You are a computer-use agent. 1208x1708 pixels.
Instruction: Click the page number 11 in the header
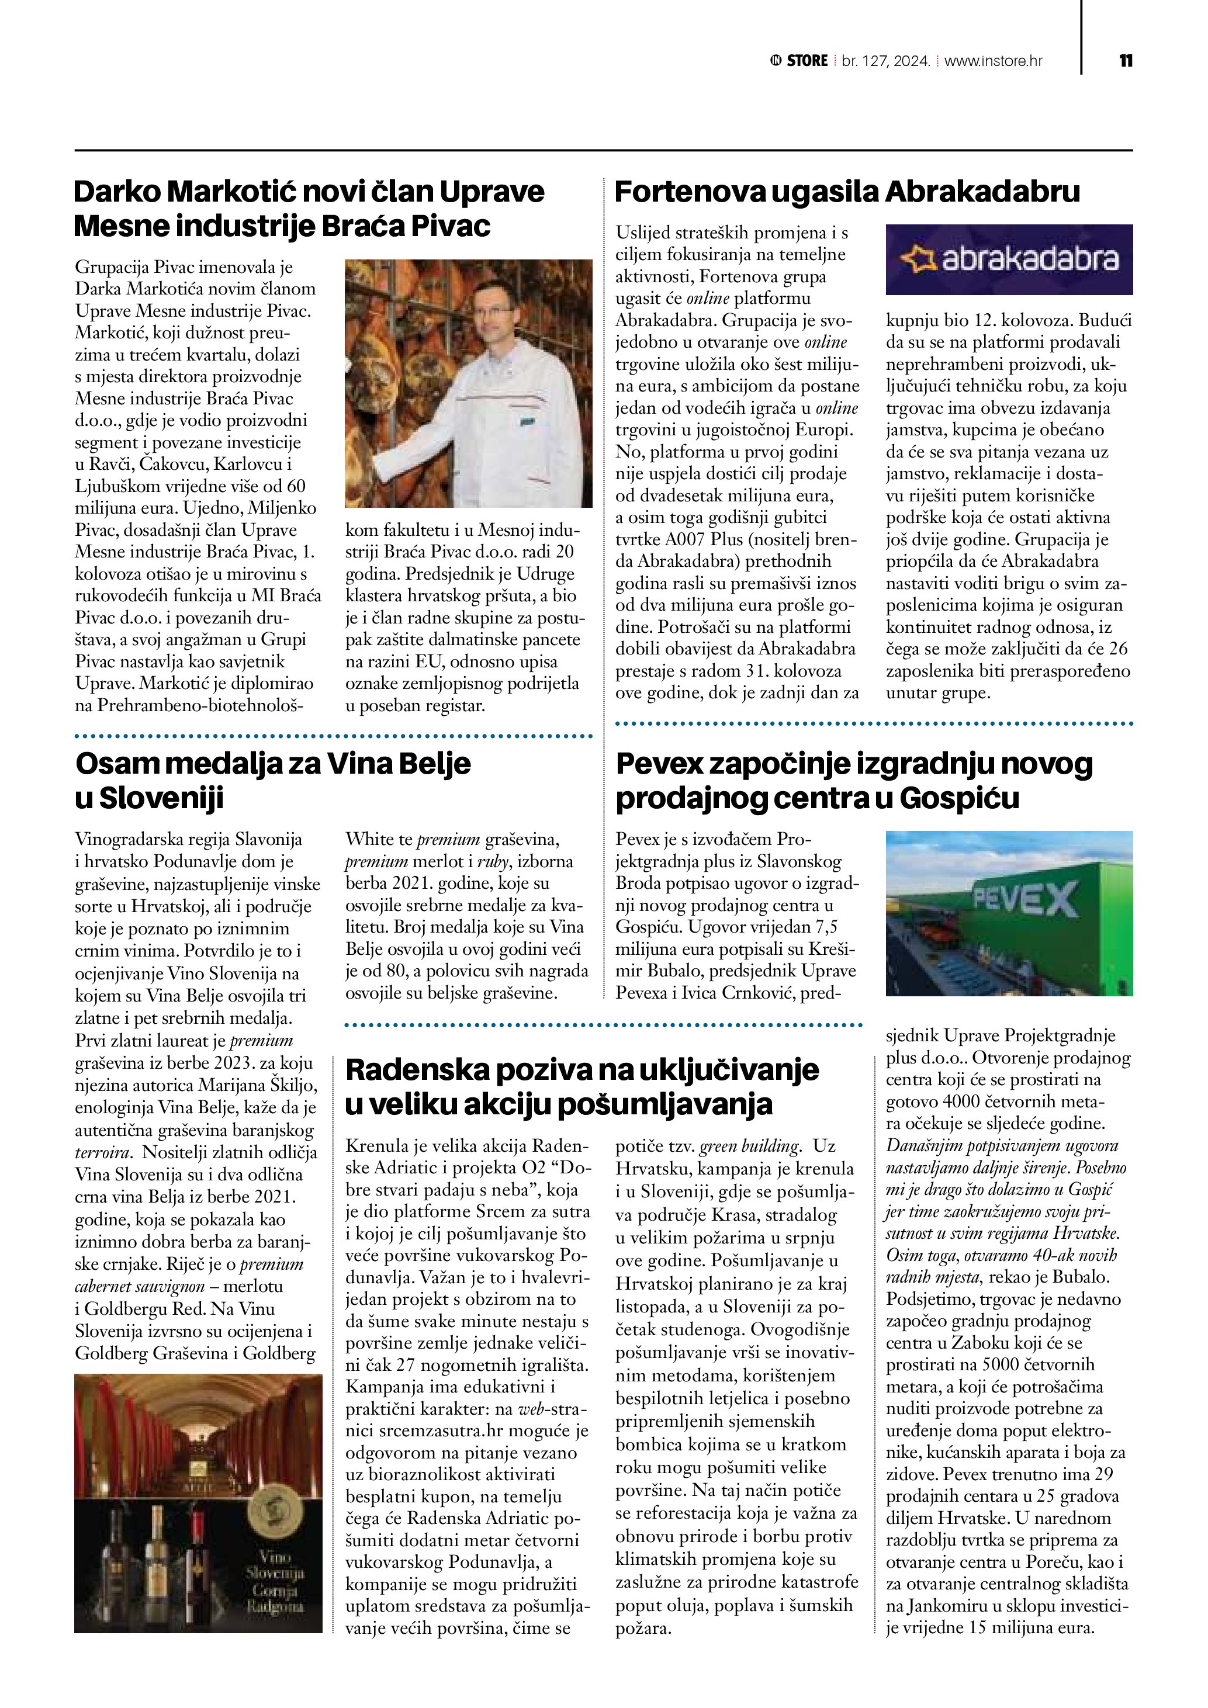pos(1126,60)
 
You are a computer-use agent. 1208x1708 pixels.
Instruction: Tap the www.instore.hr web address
pos(993,61)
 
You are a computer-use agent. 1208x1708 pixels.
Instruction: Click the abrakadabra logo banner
pos(1009,259)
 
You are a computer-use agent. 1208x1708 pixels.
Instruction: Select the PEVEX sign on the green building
pos(1025,899)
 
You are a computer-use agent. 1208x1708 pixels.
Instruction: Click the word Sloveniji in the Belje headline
pos(161,798)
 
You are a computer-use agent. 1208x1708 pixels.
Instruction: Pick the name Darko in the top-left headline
pos(117,192)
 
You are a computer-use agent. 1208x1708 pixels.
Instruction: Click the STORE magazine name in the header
pos(807,61)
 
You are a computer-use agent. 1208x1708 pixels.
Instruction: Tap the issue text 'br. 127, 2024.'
pos(885,61)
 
